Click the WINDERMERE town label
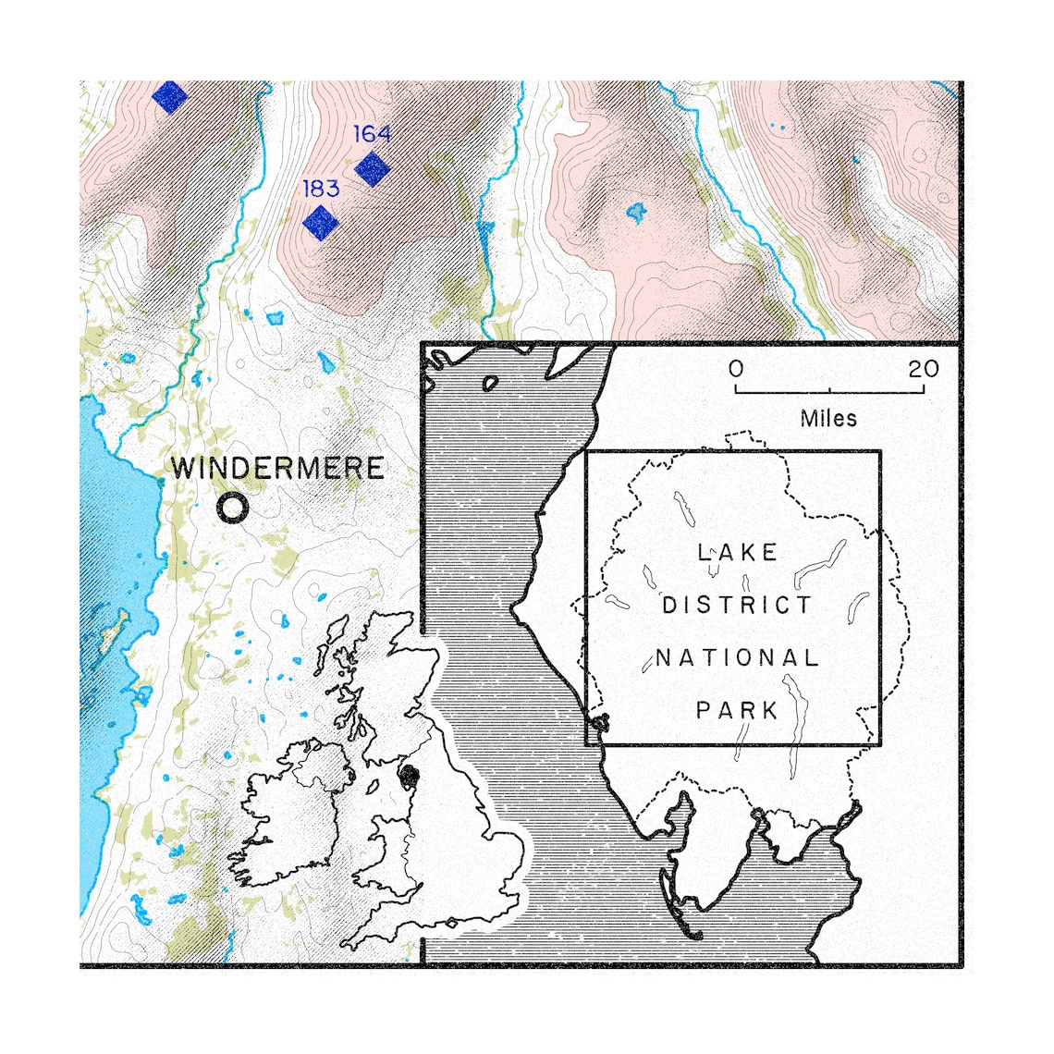277,468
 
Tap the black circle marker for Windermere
233,508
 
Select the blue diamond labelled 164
373,168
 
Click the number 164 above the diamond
372,134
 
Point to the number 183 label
321,189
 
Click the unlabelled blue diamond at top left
170,95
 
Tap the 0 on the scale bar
736,369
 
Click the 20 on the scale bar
923,369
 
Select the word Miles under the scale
828,419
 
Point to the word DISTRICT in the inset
737,606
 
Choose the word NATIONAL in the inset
737,658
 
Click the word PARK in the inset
737,711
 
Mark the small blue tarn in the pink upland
634,213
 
